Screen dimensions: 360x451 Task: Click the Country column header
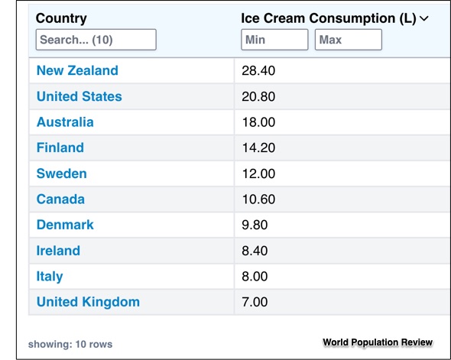click(61, 18)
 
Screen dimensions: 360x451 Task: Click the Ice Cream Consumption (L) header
click(328, 18)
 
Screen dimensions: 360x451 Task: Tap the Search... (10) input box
click(96, 40)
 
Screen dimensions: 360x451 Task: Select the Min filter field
click(274, 40)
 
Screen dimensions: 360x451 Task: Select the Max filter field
click(348, 40)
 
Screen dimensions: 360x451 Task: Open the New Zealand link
click(77, 70)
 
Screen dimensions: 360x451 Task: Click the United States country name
click(79, 96)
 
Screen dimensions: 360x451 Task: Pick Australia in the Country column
click(65, 122)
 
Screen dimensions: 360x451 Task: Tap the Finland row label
click(60, 148)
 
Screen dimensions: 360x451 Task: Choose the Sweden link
click(62, 174)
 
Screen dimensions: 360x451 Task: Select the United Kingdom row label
click(88, 302)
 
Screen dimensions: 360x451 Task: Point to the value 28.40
click(258, 70)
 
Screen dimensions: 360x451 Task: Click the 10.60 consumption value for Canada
click(258, 199)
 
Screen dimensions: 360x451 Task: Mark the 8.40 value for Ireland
click(255, 251)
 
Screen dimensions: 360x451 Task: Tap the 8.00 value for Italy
click(255, 277)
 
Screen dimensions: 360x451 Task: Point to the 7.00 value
click(255, 302)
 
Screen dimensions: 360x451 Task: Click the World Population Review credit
click(378, 342)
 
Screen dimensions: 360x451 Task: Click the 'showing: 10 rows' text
click(70, 344)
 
